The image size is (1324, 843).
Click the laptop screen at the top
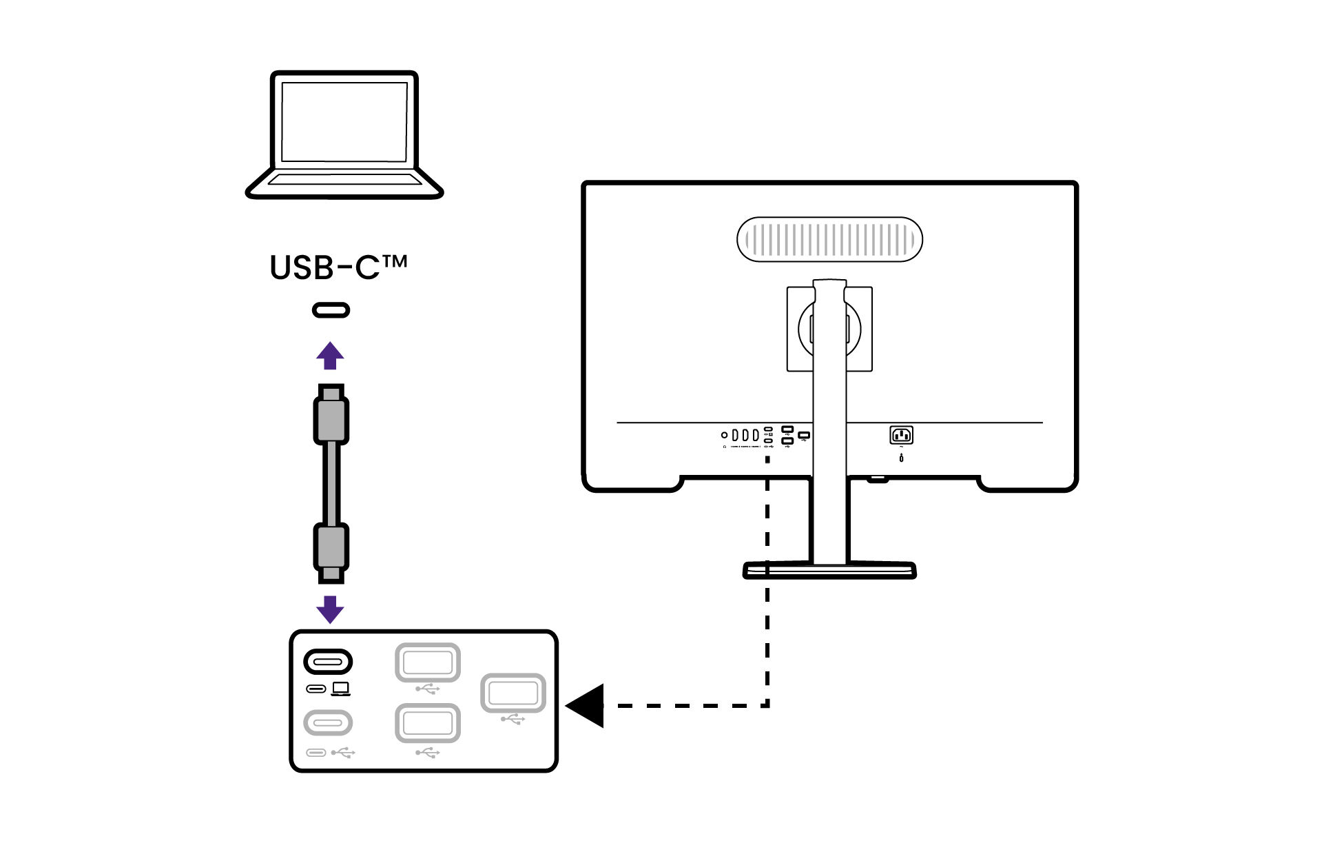point(344,122)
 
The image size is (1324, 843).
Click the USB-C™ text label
point(338,267)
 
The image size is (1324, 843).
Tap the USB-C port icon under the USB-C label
point(331,310)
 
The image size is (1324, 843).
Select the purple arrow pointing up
point(330,356)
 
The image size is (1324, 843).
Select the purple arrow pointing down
point(330,609)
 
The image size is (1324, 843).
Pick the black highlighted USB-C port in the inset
point(328,662)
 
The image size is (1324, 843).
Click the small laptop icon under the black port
point(340,689)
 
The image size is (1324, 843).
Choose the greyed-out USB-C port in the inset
point(328,723)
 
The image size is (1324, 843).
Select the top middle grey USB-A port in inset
point(427,663)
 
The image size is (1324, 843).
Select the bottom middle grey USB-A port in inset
point(427,723)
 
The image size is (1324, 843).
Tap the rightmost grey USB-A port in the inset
point(513,693)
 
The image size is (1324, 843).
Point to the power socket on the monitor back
point(901,435)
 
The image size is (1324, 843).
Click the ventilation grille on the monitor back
point(829,239)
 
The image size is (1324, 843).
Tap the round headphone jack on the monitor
point(724,435)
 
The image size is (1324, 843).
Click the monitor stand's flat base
point(829,570)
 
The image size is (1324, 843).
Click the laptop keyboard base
point(344,182)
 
